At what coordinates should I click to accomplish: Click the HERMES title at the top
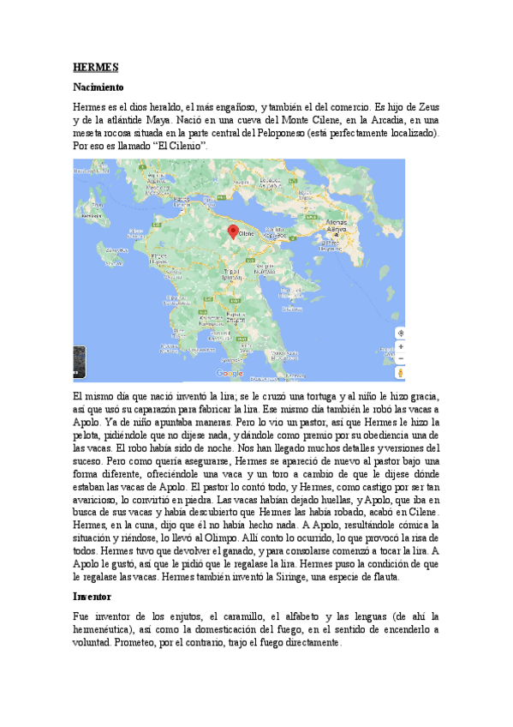coord(95,66)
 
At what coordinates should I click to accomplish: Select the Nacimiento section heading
coord(98,87)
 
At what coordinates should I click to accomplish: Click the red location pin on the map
coord(232,231)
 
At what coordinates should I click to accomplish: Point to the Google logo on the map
coord(230,373)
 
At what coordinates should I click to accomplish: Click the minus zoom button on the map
coord(400,359)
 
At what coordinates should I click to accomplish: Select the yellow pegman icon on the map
coord(400,373)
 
